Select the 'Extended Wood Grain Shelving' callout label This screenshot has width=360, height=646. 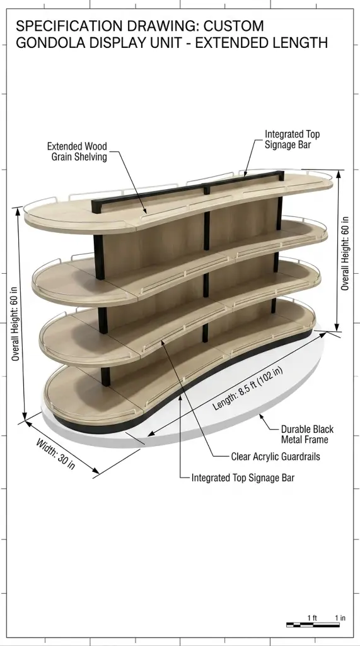coord(77,151)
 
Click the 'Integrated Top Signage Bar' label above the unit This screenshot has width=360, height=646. coord(292,139)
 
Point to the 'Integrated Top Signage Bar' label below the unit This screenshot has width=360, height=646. coord(243,478)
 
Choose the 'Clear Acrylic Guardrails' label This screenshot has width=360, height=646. coord(276,457)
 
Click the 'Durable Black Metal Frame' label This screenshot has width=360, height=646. coord(307,434)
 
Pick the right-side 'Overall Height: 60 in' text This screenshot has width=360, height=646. coord(345,253)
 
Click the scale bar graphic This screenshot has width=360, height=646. coord(313,625)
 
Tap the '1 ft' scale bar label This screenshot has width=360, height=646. coord(313,618)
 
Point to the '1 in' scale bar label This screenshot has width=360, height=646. coord(340,618)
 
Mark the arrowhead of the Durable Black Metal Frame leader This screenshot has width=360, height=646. coord(261,417)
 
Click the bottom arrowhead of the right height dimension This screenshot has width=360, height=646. coord(337,328)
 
